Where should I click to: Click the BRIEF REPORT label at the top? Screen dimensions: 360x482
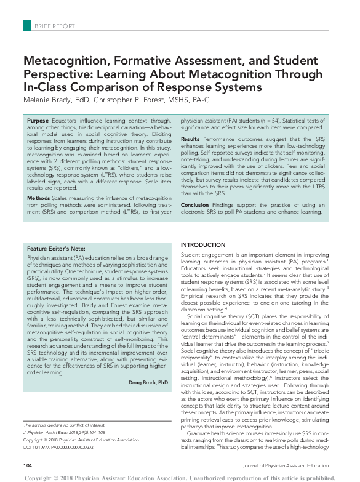point(54,26)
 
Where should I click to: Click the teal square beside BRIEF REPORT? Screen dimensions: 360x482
point(27,26)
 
